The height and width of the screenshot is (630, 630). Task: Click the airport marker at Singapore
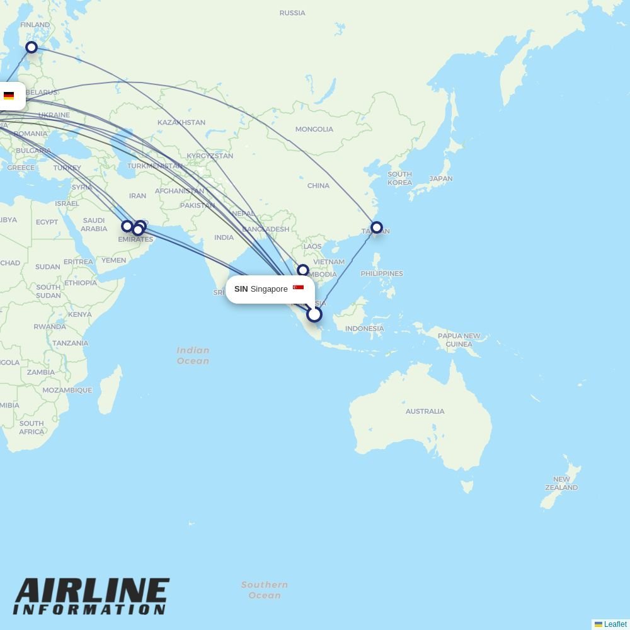tap(314, 314)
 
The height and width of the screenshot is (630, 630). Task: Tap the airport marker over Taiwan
tap(377, 227)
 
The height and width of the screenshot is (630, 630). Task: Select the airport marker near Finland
tap(31, 47)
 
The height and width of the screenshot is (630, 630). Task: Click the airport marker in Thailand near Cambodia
tap(303, 270)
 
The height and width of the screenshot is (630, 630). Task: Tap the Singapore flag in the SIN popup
tap(299, 288)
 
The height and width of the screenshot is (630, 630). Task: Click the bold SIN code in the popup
tap(241, 289)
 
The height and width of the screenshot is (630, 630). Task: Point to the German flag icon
tap(9, 96)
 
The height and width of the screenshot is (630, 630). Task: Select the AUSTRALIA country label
tap(425, 411)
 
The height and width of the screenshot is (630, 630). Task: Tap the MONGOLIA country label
tap(314, 129)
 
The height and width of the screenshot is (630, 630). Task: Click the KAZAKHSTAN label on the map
tap(181, 122)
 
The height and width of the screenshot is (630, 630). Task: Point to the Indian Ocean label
tap(193, 355)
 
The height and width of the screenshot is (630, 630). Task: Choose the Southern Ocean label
tap(264, 590)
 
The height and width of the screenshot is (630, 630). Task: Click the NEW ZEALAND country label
tap(561, 483)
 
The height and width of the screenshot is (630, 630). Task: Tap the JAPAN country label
tap(441, 179)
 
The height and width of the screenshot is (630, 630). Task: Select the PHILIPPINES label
tap(382, 273)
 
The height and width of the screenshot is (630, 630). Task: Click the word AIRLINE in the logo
tap(92, 592)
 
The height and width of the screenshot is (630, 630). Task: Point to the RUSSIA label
tap(292, 13)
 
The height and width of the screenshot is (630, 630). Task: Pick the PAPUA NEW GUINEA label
tap(459, 340)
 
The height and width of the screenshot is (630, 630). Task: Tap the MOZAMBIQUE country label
tap(67, 390)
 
